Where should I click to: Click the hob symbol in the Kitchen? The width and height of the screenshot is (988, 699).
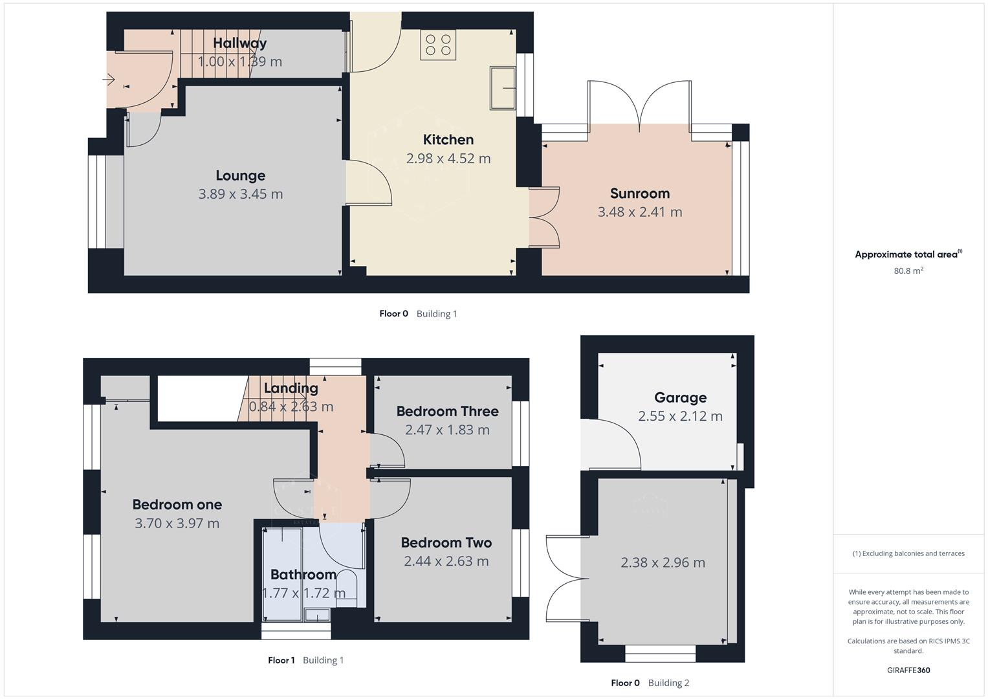438,45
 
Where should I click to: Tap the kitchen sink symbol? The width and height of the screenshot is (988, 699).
503,87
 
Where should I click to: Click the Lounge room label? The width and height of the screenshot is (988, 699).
241,175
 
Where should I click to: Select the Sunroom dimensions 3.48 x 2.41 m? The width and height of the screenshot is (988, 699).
639,212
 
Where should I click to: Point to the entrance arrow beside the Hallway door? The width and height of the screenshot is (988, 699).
109,80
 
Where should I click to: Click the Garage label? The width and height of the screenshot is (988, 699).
680,397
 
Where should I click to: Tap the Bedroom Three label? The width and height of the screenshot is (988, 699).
447,411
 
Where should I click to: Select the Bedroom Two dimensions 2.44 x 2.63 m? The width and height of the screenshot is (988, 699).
446,561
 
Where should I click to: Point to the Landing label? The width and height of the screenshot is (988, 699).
291,388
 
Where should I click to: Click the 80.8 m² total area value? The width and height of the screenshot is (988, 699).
908,271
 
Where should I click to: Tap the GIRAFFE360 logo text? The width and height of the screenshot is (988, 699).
908,670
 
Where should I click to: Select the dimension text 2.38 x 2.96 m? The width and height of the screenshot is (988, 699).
663,562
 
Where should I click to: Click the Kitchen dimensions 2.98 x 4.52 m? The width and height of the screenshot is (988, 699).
448,158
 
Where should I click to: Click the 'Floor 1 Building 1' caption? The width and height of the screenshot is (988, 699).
305,660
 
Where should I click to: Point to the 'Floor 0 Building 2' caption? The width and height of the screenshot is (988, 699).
650,683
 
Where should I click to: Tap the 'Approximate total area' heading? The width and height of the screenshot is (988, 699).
907,254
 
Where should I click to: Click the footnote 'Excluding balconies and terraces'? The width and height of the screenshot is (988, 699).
908,553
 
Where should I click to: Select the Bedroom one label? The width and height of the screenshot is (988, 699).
177,504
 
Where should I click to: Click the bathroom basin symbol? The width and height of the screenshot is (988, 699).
317,614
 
